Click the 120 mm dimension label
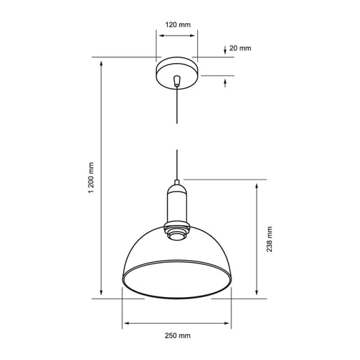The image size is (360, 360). [x=178, y=24]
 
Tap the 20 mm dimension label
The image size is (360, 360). [x=240, y=48]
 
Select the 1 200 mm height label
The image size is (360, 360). [x=91, y=178]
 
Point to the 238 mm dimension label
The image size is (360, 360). [x=269, y=239]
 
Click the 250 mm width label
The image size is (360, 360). [x=178, y=336]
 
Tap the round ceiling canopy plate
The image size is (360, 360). [x=177, y=73]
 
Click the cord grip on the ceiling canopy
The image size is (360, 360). [x=177, y=80]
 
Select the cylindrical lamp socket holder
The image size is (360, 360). [x=177, y=203]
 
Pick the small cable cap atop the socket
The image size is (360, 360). [x=177, y=182]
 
